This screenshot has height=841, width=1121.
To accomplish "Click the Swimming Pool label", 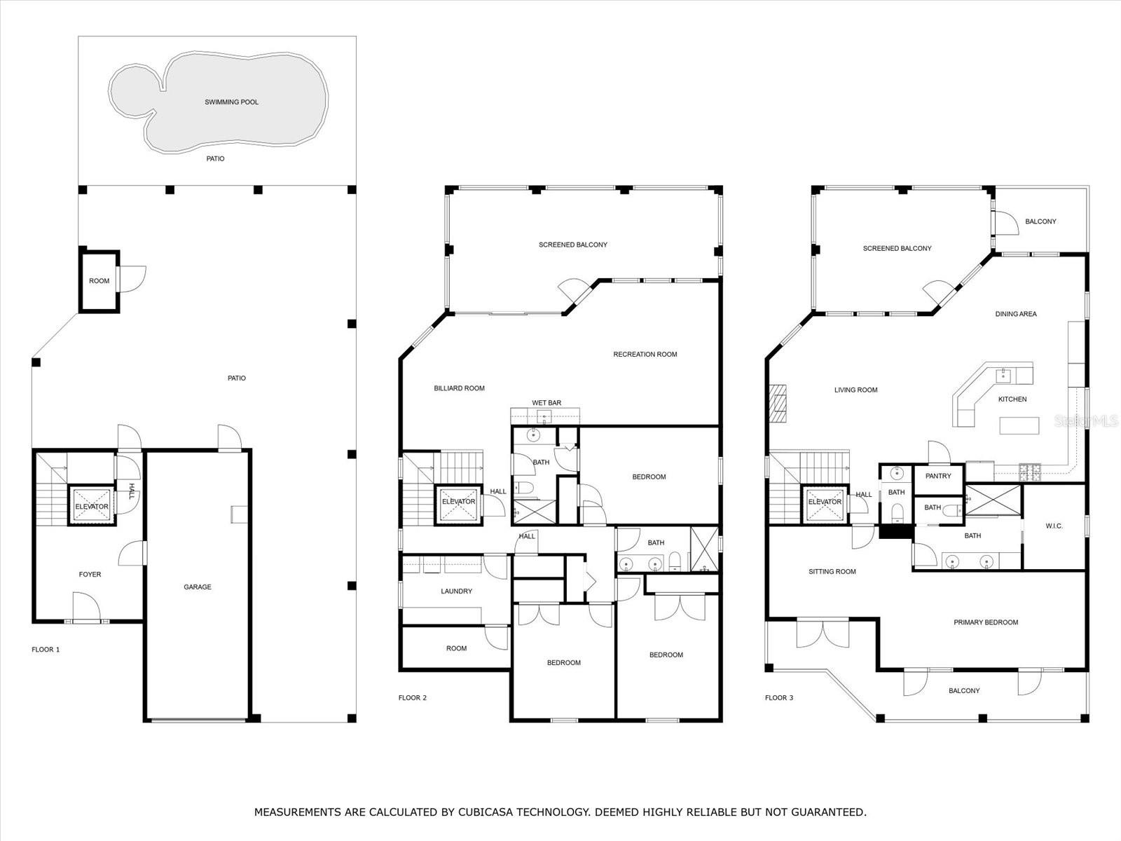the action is coord(231,102).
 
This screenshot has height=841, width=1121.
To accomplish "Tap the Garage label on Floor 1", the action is coord(198,587).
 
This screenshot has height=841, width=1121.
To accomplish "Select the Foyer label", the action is coord(90,575).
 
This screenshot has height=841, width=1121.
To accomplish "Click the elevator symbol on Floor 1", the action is coord(92,506).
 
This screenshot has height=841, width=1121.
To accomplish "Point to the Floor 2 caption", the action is coord(412,698).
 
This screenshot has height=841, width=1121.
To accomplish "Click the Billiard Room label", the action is coord(459,388).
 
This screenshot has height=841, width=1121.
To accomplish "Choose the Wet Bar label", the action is coord(546,403).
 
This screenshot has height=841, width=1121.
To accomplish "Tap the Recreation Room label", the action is coord(645,355).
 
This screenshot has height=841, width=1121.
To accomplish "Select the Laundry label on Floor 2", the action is coord(457,592).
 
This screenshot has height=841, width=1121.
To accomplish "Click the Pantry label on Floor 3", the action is coord(938,476).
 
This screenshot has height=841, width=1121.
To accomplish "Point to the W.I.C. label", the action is coord(1054,526).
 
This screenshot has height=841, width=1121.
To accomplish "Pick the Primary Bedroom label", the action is coord(986,622).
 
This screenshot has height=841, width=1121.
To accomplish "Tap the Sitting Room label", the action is coord(832,572).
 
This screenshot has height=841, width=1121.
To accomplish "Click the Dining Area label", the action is coord(1016,314).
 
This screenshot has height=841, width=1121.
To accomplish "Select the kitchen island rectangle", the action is coord(1019,426).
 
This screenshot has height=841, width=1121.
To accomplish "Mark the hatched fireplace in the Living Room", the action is coord(778,404).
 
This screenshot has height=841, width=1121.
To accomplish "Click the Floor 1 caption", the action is coord(46,650).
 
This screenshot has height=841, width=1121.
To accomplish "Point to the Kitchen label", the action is coord(1012,399).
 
